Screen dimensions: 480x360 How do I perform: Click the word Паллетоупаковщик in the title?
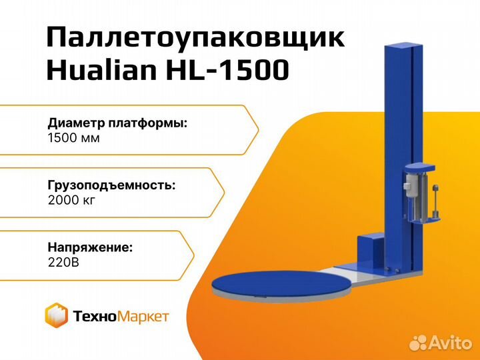point(196,38)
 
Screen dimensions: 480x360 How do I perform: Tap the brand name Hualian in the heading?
point(101,70)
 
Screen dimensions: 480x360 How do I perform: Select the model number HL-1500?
point(227,71)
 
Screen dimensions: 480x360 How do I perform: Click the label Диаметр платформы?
point(117,123)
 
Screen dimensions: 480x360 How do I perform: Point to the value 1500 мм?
point(73,138)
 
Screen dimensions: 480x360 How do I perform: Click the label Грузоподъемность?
point(112,185)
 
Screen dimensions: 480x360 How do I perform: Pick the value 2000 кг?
point(71,200)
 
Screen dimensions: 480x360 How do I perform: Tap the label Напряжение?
point(90,247)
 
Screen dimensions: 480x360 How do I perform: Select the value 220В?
point(63,263)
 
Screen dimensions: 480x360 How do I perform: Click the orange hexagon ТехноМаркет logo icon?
point(56,315)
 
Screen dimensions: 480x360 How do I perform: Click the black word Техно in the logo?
point(95,316)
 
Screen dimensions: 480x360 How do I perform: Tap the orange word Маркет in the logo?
point(143,317)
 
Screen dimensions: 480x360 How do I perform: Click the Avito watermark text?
point(450,342)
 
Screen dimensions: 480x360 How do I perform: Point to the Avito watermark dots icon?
point(419,343)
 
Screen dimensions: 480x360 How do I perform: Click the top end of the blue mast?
point(404,46)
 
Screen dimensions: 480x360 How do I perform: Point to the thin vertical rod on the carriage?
point(435,201)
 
